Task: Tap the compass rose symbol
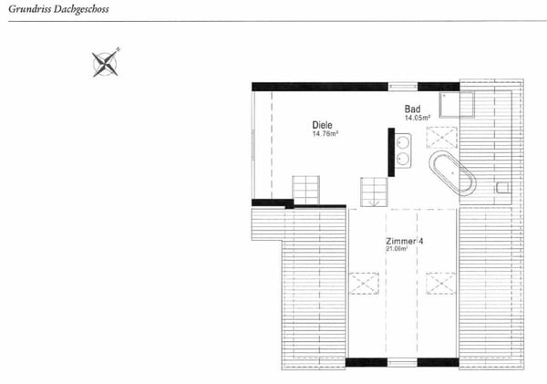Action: click(107, 62)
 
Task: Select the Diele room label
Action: click(321, 125)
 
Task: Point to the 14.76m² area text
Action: click(325, 135)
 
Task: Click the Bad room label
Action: click(413, 108)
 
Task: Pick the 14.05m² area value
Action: click(418, 118)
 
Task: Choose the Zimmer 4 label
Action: click(403, 240)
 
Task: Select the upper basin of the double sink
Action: click(404, 141)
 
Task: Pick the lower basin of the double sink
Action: click(404, 161)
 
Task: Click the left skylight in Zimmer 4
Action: click(364, 283)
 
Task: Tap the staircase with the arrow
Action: click(374, 192)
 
